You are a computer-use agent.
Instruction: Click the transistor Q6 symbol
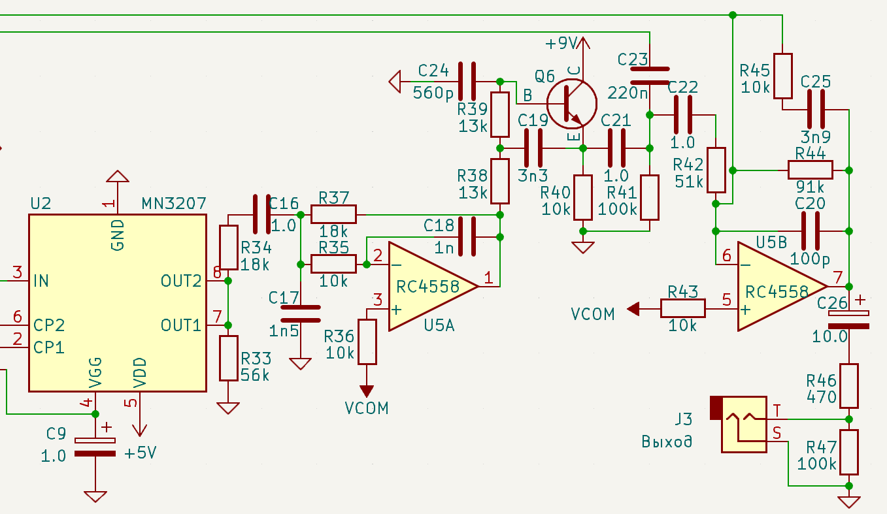tap(571, 104)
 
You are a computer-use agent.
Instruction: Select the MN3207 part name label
tap(174, 203)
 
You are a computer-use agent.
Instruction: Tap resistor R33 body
tap(229, 358)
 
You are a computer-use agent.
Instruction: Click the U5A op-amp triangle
tap(433, 286)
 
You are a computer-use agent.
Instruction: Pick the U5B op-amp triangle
tap(782, 286)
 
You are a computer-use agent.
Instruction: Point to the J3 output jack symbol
tap(739, 424)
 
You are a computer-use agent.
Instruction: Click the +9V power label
tap(561, 43)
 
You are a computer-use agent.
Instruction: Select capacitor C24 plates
tap(467, 81)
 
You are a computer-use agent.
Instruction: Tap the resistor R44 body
tap(810, 170)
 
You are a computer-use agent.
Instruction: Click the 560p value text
tap(433, 93)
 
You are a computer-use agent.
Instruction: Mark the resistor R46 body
tap(849, 386)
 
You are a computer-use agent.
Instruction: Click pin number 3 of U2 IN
tap(18, 272)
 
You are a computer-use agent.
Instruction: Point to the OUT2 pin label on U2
tap(181, 281)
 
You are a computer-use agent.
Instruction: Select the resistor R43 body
tap(682, 308)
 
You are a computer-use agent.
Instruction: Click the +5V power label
tap(141, 453)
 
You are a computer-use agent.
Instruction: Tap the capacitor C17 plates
tap(301, 313)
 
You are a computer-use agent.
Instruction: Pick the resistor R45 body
tap(783, 76)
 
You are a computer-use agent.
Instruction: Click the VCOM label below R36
tap(367, 408)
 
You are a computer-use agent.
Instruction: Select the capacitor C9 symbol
tap(95, 447)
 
